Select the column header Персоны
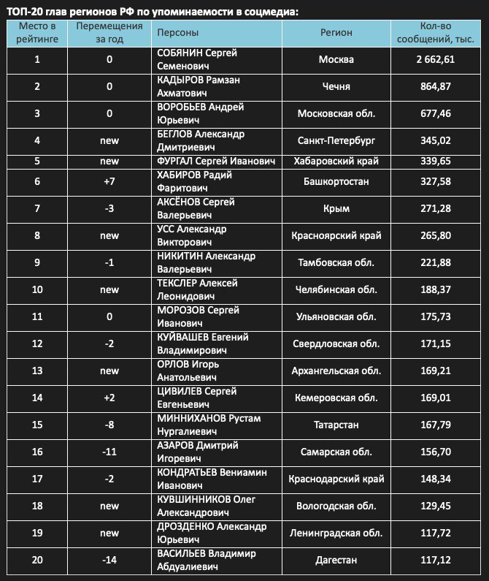click(177, 32)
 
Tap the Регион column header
click(336, 32)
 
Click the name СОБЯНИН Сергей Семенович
click(198, 59)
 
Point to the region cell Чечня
click(336, 86)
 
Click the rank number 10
click(37, 289)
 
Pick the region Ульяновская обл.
click(337, 316)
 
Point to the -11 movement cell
click(109, 452)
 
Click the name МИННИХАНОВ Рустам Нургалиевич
click(209, 425)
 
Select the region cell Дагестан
click(336, 560)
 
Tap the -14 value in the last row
click(109, 560)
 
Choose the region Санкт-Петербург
click(336, 140)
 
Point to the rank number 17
click(37, 479)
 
